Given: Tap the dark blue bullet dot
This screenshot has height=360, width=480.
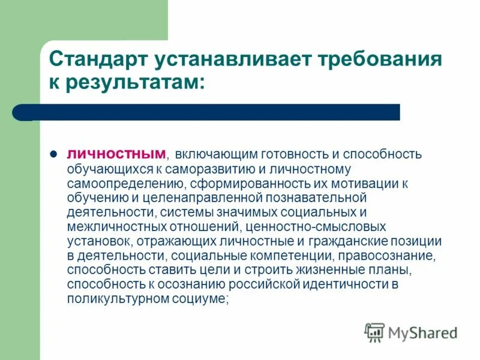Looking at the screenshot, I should pyautogui.click(x=53, y=154).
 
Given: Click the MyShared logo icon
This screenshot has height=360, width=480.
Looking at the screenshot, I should pyautogui.click(x=374, y=332).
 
